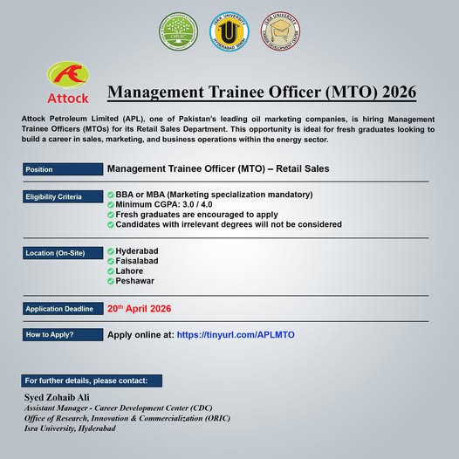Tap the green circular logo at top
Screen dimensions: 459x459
pyautogui.click(x=178, y=31)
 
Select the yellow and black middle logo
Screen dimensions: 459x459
pyautogui.click(x=229, y=31)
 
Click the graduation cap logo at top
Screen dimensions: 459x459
pyautogui.click(x=281, y=31)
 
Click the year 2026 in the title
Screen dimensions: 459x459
pyautogui.click(x=392, y=92)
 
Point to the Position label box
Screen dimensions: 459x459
pyautogui.click(x=62, y=169)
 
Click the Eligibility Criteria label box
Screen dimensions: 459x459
pyautogui.click(x=62, y=197)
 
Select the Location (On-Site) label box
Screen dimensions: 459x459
pyautogui.click(x=62, y=253)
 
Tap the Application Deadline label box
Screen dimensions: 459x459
pyautogui.click(x=62, y=309)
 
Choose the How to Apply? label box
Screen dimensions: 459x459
pyautogui.click(x=62, y=335)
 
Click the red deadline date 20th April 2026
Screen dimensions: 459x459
pyautogui.click(x=139, y=309)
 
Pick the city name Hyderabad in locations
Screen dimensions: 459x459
pyautogui.click(x=137, y=250)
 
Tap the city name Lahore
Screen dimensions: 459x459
pyautogui.click(x=130, y=271)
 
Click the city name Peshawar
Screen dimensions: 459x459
pyautogui.click(x=135, y=281)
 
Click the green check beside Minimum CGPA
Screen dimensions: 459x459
pyautogui.click(x=111, y=204)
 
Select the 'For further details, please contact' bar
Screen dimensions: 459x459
pyautogui.click(x=92, y=380)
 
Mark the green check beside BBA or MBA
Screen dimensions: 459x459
pyautogui.click(x=111, y=194)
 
